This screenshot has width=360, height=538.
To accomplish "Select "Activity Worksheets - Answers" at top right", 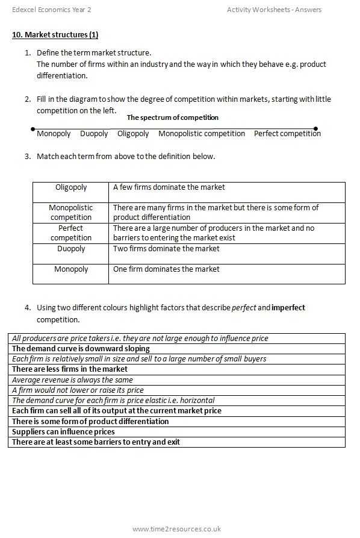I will [274, 10].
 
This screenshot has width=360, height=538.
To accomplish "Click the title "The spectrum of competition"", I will [172, 117].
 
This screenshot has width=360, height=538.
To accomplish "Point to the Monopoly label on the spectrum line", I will [54, 134].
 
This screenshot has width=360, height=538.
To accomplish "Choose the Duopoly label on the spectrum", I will [94, 134].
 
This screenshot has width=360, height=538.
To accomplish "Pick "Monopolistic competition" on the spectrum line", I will [202, 134].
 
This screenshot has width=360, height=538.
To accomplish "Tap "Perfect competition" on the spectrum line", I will [287, 134].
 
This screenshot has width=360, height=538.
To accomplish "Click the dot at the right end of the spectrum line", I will [316, 128].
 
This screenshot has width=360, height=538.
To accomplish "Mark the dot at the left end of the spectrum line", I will [33, 129].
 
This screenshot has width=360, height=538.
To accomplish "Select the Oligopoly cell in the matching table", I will [71, 187].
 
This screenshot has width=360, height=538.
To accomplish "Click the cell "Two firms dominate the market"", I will [166, 249].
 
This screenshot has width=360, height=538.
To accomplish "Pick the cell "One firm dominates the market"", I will [166, 269].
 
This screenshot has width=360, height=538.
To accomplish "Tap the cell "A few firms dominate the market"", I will [169, 187].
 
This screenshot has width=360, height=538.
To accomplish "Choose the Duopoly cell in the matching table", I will [71, 249].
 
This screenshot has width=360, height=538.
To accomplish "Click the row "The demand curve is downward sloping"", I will [81, 349].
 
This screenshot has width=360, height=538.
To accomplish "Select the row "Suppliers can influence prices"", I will [63, 432].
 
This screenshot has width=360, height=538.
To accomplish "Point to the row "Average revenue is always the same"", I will [72, 380].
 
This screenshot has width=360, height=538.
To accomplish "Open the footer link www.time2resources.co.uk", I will [176, 529].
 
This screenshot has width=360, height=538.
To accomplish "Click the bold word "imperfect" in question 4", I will [288, 308].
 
